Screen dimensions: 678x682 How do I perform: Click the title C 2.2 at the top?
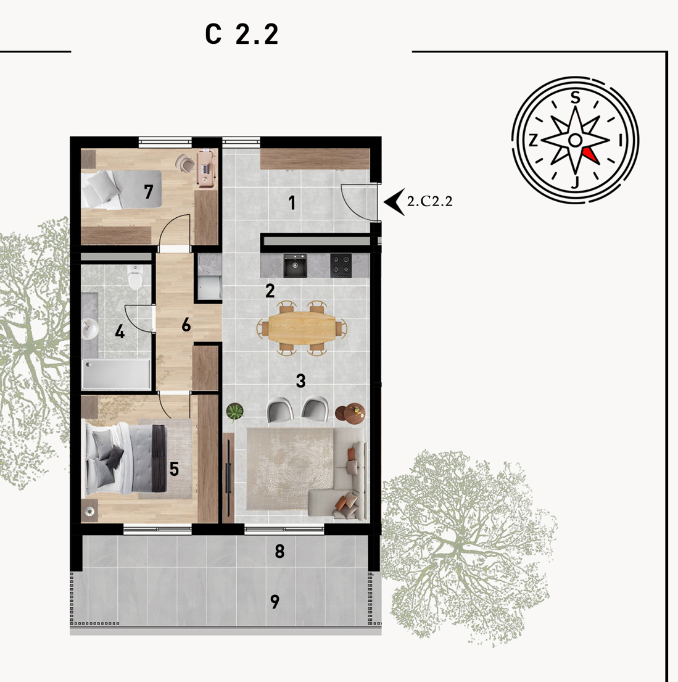click(242, 34)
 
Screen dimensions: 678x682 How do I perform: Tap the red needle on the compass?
click(592, 156)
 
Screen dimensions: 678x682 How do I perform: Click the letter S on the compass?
click(576, 98)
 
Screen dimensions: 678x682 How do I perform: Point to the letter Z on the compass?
click(533, 140)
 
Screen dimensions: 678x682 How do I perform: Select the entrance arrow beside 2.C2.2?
click(394, 201)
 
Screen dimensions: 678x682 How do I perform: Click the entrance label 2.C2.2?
click(429, 201)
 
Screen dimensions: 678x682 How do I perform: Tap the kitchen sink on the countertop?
click(296, 266)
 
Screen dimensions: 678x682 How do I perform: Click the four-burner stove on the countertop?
click(341, 265)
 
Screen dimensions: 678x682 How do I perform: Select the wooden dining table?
click(302, 326)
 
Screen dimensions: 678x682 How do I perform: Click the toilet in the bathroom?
click(135, 278)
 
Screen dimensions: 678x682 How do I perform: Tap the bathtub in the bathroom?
click(116, 374)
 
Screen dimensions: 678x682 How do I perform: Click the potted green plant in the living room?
click(235, 411)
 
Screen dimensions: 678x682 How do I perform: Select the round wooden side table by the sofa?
click(350, 413)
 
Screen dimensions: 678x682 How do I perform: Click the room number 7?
click(149, 191)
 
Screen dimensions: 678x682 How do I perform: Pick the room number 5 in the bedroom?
click(174, 469)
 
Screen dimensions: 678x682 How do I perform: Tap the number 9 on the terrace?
click(275, 602)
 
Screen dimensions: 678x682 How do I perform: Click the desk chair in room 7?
click(186, 164)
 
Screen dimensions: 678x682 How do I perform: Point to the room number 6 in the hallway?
click(186, 325)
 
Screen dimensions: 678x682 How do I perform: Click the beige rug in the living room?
click(290, 468)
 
